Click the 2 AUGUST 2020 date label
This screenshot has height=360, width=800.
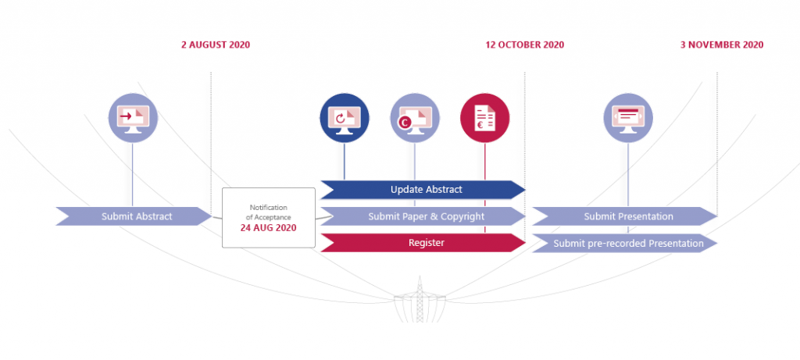point(216,45)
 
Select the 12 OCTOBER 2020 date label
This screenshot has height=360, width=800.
point(524,45)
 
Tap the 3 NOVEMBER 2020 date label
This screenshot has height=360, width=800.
point(721,45)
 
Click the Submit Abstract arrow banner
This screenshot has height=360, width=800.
point(134,216)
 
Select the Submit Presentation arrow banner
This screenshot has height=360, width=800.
point(626,216)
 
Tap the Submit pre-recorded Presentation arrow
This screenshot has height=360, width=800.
point(626,243)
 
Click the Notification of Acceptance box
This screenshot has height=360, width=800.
point(269,218)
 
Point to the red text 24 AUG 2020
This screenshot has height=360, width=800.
point(269,229)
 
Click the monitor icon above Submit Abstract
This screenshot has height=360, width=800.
point(132,118)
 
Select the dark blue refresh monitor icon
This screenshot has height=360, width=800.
point(344,118)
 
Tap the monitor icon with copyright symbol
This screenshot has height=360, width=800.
point(414,118)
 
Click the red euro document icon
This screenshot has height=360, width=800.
point(485,118)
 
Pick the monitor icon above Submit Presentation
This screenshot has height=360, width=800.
point(627,118)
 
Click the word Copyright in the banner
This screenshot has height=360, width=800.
point(462,216)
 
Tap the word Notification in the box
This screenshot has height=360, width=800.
point(269,206)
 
